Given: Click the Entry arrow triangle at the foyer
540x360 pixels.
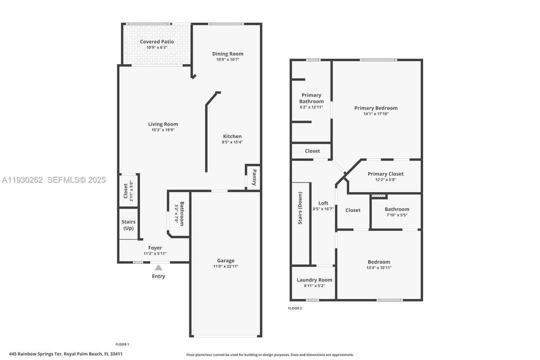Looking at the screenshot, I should (158, 267).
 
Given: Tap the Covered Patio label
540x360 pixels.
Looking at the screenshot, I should (157, 42).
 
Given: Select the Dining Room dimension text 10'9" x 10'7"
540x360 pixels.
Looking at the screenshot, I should (228, 59).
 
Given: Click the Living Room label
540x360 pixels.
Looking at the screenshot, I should (163, 124).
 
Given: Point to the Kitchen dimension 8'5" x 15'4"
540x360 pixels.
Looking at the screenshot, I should (232, 142).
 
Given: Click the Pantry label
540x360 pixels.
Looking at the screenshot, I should (254, 177).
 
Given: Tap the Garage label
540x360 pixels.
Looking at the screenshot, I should (225, 260).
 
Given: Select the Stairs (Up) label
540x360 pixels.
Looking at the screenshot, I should (128, 225).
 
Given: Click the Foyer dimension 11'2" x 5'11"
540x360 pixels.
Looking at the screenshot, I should (155, 253).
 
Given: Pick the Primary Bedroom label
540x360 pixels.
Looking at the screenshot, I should (376, 108).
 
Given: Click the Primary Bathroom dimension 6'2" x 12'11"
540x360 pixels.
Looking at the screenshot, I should (311, 107).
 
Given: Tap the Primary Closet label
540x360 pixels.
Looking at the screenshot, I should (385, 174).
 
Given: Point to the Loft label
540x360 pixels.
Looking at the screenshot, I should (323, 203).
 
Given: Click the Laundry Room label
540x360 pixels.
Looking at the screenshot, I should (314, 280).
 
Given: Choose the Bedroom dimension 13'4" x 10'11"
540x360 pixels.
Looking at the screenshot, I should (379, 267).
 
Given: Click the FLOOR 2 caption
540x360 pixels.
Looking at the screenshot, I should (295, 308).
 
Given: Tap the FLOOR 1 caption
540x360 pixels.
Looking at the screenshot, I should (122, 344).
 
